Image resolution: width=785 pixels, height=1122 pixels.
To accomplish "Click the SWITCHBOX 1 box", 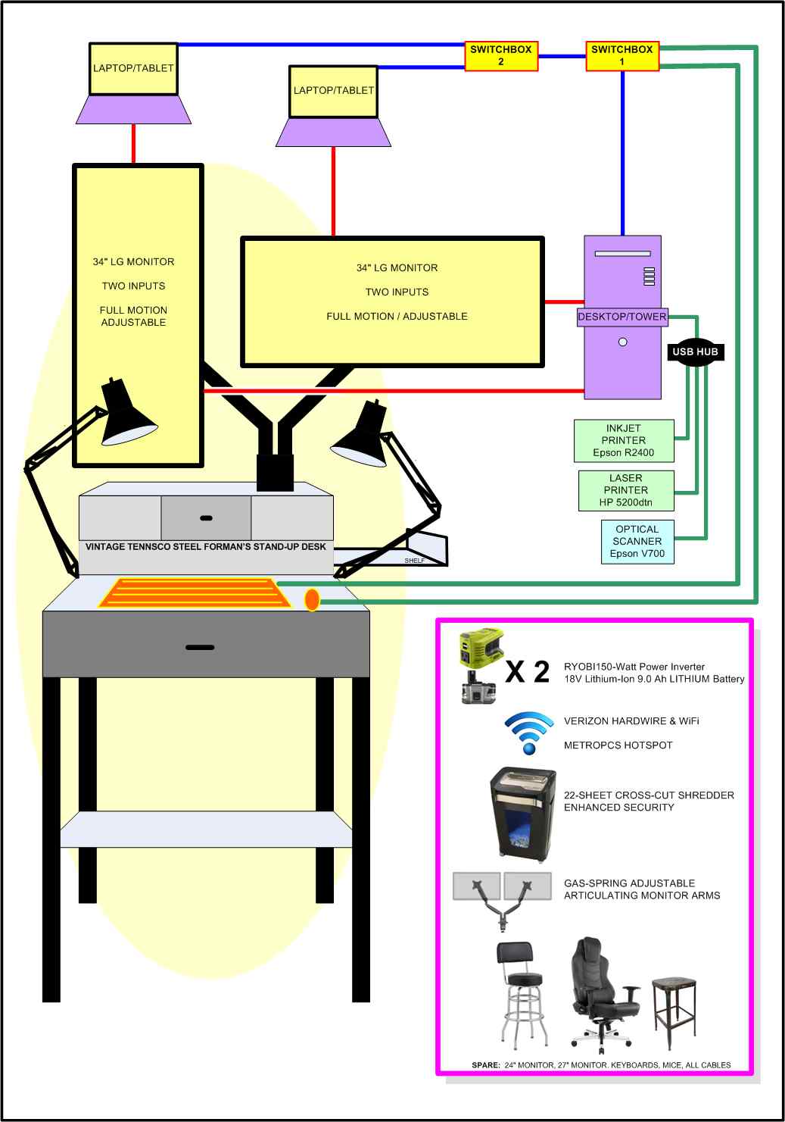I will click(622, 56).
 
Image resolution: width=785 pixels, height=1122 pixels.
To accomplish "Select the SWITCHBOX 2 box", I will click(501, 56).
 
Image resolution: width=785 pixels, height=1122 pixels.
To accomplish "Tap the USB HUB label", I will click(695, 352).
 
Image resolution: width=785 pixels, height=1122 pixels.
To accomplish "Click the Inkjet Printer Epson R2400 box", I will click(623, 441).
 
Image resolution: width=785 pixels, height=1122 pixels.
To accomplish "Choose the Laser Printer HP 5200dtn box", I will click(626, 490).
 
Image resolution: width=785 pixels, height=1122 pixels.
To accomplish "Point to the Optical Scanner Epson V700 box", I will click(637, 542).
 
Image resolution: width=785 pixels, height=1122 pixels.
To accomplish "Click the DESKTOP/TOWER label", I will click(622, 317).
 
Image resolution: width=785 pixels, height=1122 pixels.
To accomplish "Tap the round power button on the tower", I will click(622, 342).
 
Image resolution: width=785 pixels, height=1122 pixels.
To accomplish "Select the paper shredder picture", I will click(520, 814).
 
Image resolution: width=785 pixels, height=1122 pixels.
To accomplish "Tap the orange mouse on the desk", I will click(311, 600).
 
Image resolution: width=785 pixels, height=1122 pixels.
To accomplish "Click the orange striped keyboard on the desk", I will click(195, 592).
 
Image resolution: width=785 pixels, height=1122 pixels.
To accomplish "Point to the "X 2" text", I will click(528, 671).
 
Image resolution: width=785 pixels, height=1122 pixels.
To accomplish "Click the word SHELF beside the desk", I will click(414, 561).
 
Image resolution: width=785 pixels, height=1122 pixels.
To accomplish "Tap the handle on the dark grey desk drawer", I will click(200, 648).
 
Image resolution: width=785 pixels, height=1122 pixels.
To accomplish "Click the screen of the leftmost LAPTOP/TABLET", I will click(133, 68).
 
